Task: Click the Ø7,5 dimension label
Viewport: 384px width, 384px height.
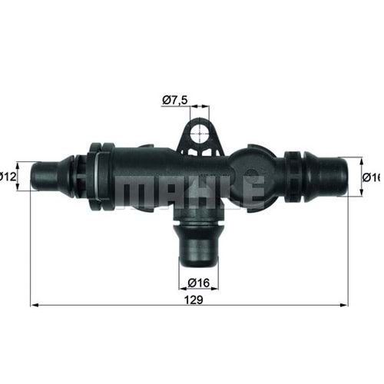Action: [175, 99]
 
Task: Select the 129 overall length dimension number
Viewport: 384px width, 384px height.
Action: [194, 300]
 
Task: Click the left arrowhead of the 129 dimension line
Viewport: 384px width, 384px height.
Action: [34, 305]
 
